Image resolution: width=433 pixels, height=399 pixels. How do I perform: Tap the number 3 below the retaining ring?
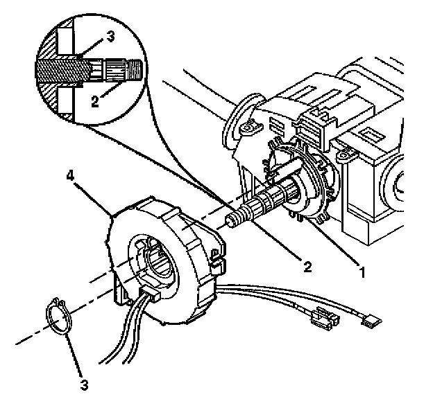point(83,382)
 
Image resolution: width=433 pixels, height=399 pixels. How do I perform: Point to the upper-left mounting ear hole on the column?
point(246,129)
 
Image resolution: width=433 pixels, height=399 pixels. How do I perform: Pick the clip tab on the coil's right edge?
point(216,260)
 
